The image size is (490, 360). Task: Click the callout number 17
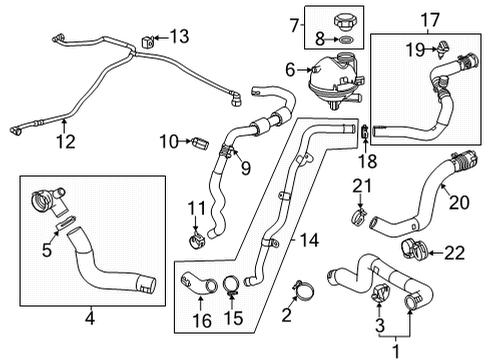429,18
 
